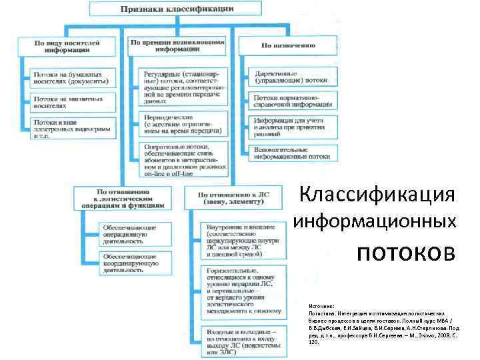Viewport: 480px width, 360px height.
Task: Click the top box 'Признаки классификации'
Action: pyautogui.click(x=176, y=9)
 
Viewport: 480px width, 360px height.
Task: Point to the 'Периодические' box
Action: pyautogui.click(x=183, y=124)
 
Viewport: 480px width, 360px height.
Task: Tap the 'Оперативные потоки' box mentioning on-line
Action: pyautogui.click(x=183, y=160)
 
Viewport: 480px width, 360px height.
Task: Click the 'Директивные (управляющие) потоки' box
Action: pyautogui.click(x=291, y=76)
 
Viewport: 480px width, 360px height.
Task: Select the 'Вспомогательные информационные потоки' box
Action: pyautogui.click(x=291, y=153)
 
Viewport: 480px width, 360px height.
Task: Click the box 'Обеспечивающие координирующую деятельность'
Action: pyautogui.click(x=131, y=263)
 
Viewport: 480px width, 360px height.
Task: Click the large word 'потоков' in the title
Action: pyautogui.click(x=407, y=253)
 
